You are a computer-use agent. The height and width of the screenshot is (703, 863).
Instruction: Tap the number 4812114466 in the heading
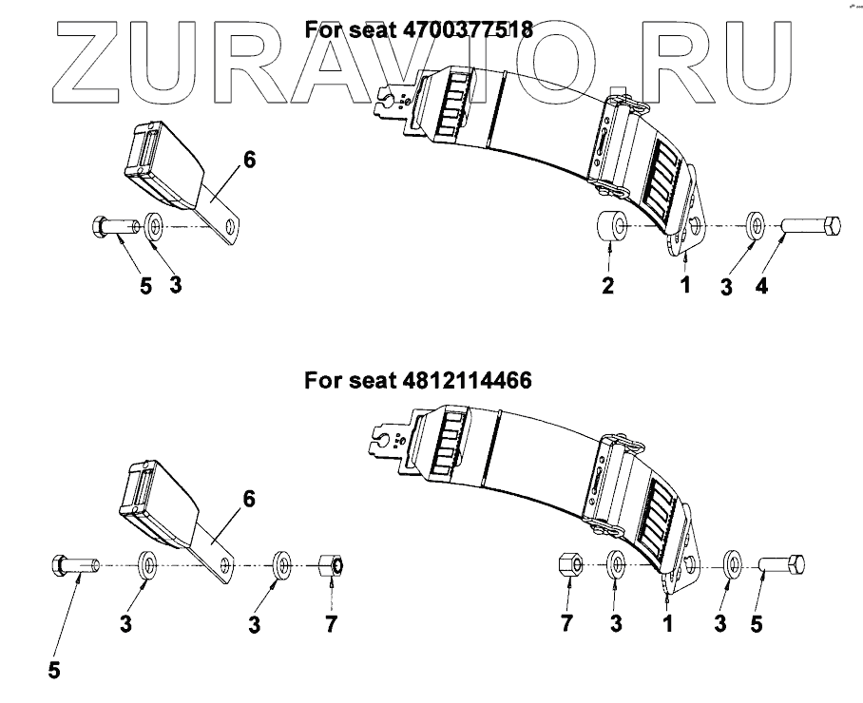pyautogui.click(x=466, y=381)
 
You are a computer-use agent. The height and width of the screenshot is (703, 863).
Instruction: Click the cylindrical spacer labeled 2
pyautogui.click(x=610, y=227)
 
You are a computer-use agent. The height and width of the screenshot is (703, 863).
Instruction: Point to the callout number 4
pyautogui.click(x=760, y=287)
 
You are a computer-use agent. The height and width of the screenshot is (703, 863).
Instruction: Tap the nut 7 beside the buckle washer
pyautogui.click(x=331, y=564)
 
